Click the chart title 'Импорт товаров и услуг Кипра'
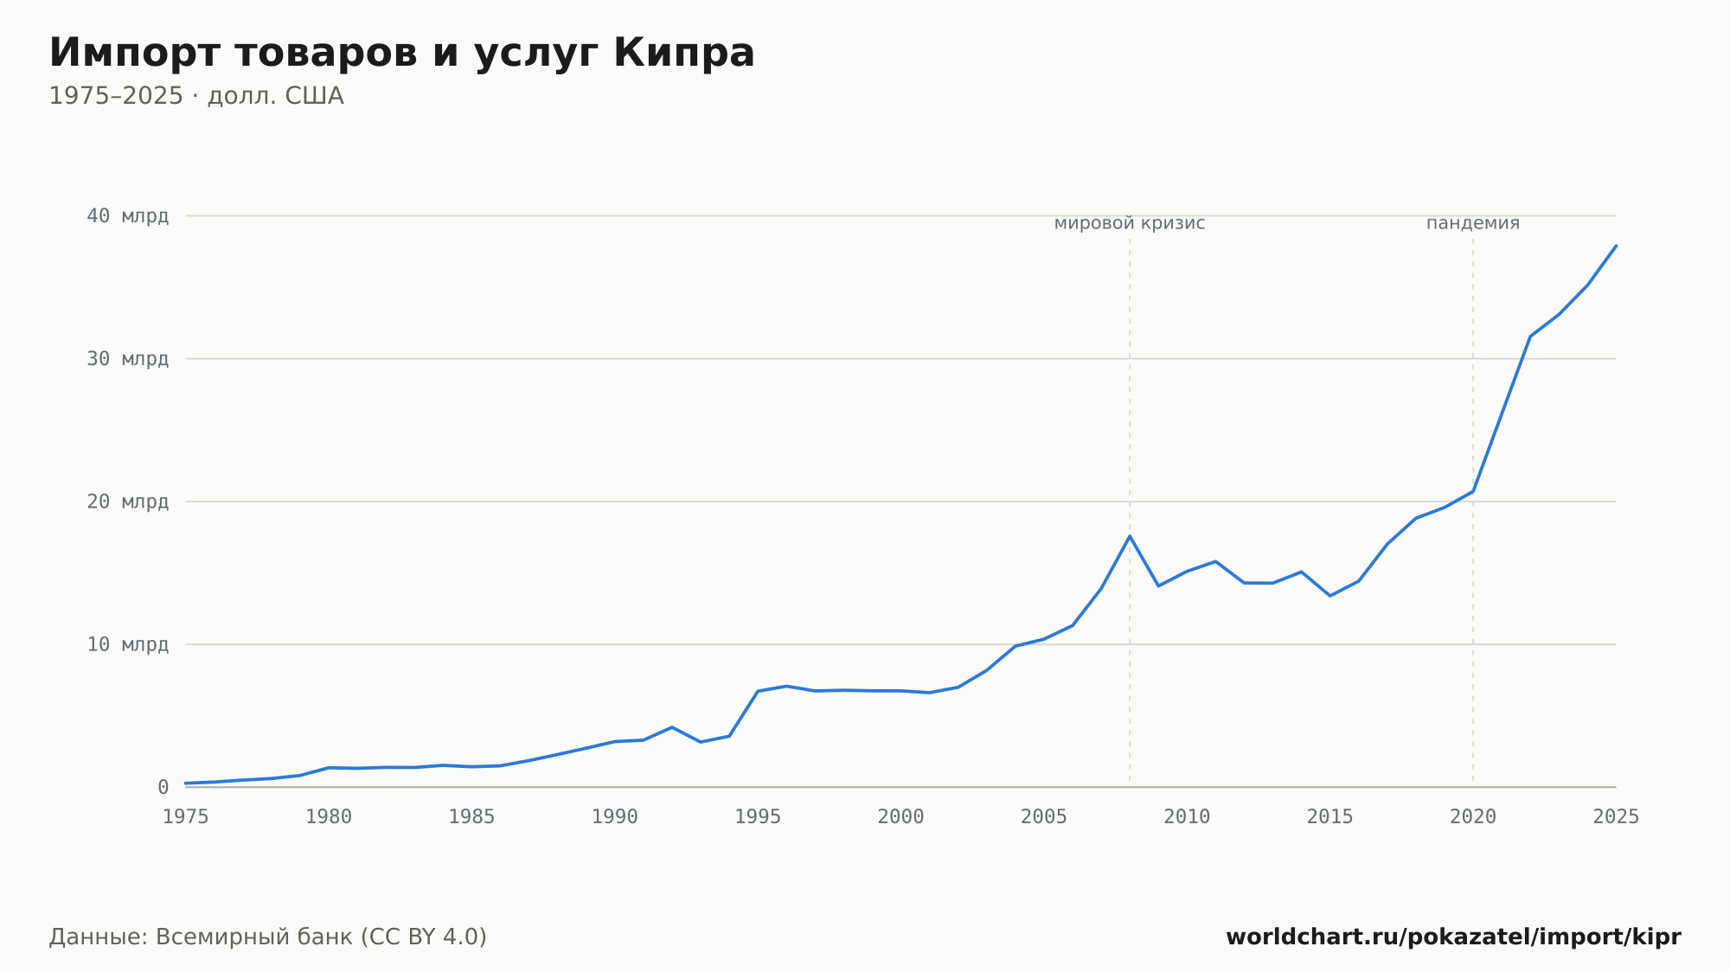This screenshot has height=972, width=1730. [x=402, y=53]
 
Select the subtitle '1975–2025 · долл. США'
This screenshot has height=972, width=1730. [x=196, y=96]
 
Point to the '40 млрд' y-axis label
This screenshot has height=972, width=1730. [x=128, y=215]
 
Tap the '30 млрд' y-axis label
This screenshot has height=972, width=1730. [x=128, y=358]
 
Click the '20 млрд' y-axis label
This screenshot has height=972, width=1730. [x=128, y=502]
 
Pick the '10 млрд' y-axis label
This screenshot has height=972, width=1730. [x=128, y=644]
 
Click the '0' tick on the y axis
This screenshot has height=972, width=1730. [x=163, y=787]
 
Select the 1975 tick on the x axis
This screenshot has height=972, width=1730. [x=186, y=817]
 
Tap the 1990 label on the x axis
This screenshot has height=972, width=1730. [x=615, y=817]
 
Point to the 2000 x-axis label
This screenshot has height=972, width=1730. [x=901, y=817]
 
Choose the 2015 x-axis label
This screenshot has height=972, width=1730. [x=1330, y=817]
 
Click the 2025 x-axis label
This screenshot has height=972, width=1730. [x=1616, y=817]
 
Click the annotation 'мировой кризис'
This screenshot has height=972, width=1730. [x=1130, y=223]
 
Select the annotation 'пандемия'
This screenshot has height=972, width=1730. [x=1473, y=223]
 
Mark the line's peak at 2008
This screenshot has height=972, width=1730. [x=1130, y=536]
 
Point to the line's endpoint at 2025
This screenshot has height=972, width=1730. [x=1616, y=246]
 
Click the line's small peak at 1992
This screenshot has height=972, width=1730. [x=672, y=727]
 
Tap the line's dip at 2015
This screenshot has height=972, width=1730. [x=1330, y=596]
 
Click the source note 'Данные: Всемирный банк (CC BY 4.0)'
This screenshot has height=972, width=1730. [x=268, y=937]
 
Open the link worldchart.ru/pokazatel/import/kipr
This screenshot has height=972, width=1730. [x=1454, y=937]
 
